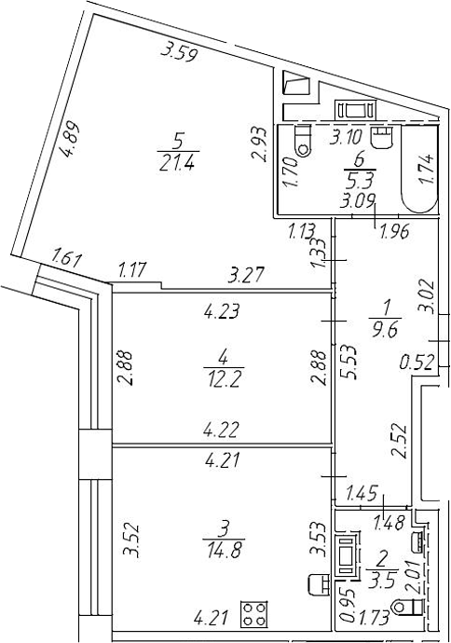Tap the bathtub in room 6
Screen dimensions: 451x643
(419, 169)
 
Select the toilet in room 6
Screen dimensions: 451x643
(303, 142)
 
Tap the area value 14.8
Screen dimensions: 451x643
(224, 551)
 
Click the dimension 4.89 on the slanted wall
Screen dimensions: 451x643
(70, 140)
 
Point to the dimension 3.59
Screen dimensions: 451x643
(180, 52)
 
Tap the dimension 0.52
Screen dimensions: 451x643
(417, 363)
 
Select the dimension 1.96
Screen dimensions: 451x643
(395, 232)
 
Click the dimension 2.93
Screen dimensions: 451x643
(260, 144)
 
